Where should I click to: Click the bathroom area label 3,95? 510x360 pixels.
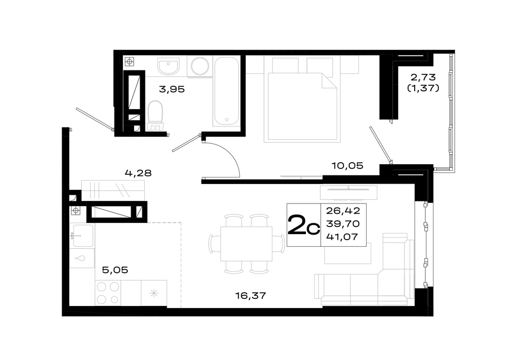[x=172, y=89]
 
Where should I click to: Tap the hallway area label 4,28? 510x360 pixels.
[x=138, y=173]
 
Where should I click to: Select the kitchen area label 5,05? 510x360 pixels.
[x=115, y=270]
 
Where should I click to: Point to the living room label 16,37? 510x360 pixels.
[x=250, y=296]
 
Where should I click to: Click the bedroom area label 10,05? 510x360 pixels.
[x=347, y=166]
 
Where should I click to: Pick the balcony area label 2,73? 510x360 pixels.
[x=423, y=78]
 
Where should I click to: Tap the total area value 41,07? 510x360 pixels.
[x=342, y=237]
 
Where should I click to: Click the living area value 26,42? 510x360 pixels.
[x=343, y=211]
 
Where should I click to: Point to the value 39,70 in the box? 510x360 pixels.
[x=343, y=224]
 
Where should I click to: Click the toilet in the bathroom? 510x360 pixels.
[x=155, y=116]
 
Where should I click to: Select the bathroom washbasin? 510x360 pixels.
[x=168, y=66]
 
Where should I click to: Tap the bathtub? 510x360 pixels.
[x=227, y=91]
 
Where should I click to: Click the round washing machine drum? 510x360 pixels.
[x=200, y=67]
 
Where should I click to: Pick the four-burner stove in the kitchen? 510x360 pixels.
[x=108, y=293]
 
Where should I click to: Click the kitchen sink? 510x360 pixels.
[x=83, y=236]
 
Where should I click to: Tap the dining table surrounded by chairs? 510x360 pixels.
[x=246, y=244]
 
